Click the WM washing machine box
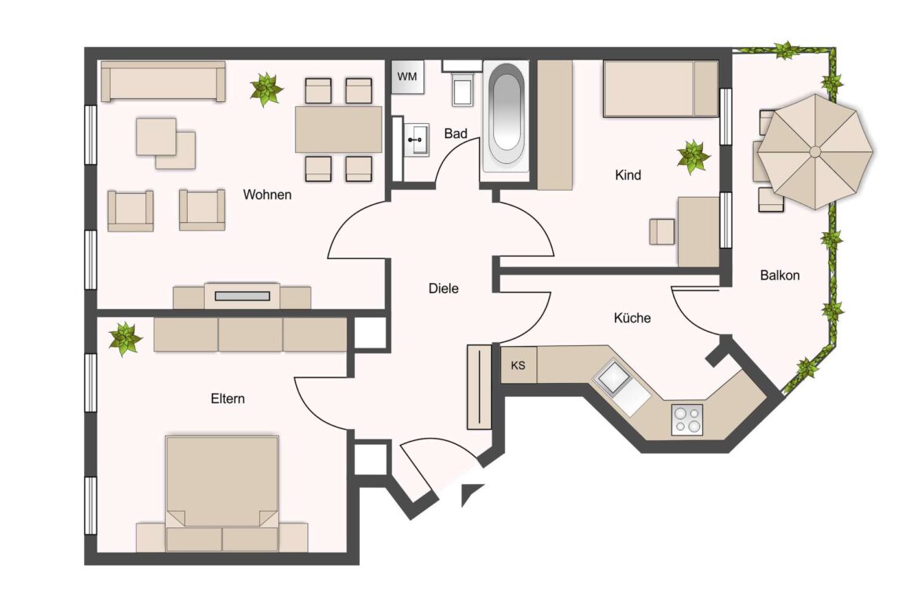(408, 77)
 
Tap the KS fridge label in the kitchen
(518, 366)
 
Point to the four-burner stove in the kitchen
(687, 419)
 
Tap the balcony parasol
(815, 151)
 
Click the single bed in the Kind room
(660, 89)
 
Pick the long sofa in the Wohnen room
(163, 82)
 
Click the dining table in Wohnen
(339, 129)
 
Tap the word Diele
(443, 289)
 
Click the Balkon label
(780, 275)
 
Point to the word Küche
(632, 318)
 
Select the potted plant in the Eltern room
(124, 339)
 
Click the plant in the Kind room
(694, 157)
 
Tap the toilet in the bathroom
(462, 87)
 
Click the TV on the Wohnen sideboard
(242, 296)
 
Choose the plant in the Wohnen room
(266, 89)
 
